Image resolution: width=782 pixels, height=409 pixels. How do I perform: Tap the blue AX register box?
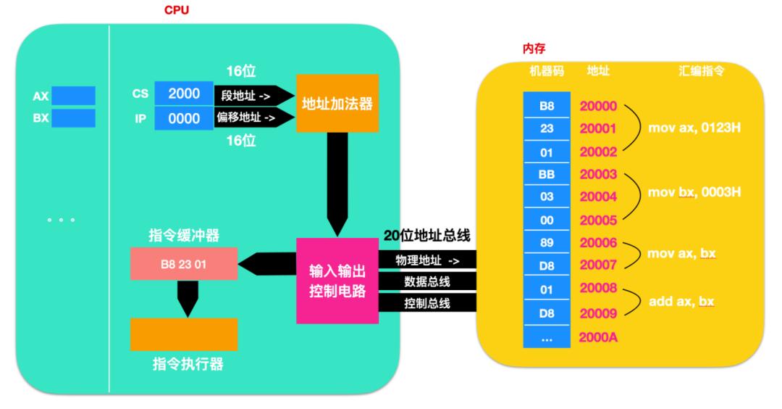coord(72,96)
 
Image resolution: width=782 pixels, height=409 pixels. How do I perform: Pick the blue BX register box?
coord(72,118)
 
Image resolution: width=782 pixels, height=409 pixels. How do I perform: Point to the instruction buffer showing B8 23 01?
coord(183,265)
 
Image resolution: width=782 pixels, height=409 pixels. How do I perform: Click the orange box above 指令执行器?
coord(183,334)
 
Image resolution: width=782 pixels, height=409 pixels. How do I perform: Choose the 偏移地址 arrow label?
coord(245,117)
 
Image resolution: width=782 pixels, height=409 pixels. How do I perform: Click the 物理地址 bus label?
coord(427,260)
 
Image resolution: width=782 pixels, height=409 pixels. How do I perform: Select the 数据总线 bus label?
coord(427,281)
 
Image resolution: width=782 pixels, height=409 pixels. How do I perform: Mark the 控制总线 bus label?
coord(427,302)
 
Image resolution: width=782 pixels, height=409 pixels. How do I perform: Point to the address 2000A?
coord(598,336)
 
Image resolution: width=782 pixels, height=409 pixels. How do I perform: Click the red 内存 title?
coord(534,49)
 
